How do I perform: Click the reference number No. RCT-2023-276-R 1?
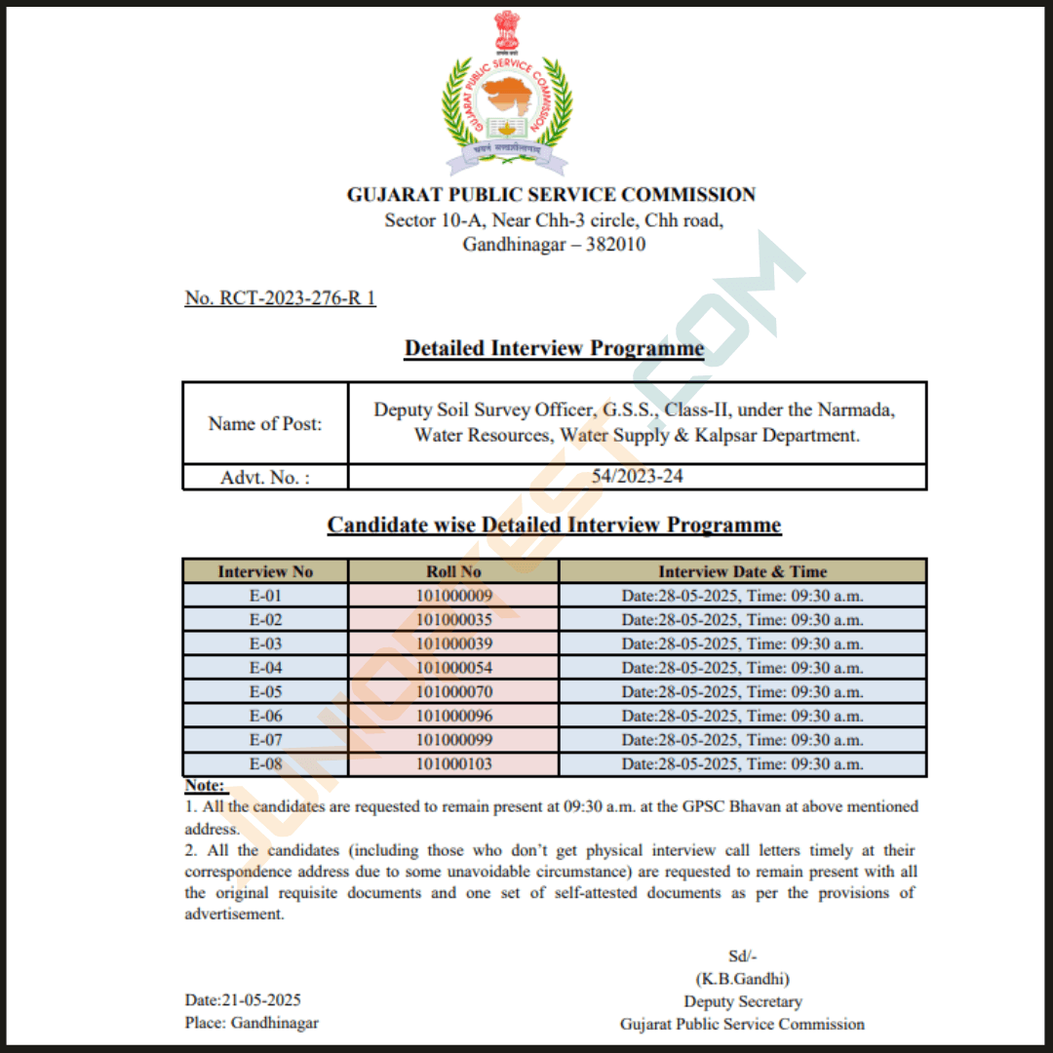point(280,298)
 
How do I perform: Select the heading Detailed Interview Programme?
point(554,349)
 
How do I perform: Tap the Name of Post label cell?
point(265,423)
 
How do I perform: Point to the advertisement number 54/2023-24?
point(637,477)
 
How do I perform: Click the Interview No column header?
point(265,571)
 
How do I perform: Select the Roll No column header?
point(453,571)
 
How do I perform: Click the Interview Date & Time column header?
point(742,571)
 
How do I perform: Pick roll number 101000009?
point(453,596)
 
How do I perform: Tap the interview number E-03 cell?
point(265,643)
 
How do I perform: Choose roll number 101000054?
point(453,668)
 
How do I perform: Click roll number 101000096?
point(453,716)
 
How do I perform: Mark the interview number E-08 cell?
point(265,764)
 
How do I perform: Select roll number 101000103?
point(453,764)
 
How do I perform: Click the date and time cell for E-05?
point(742,692)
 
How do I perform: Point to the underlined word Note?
point(205,785)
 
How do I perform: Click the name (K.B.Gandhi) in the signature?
point(742,978)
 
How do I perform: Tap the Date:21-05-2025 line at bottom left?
point(243,1000)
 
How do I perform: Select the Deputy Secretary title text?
point(742,1001)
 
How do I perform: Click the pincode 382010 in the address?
point(615,245)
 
